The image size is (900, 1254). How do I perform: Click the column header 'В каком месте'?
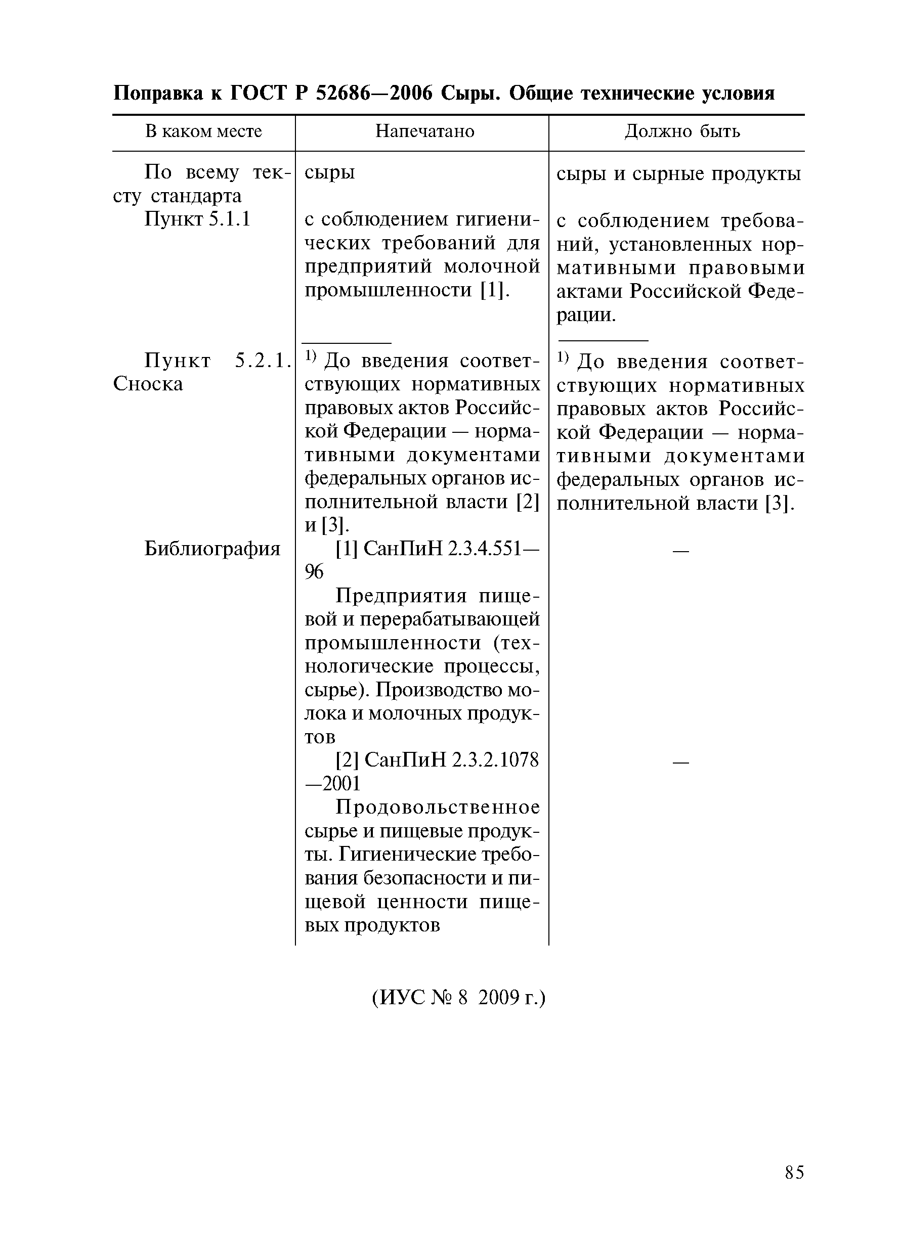(203, 131)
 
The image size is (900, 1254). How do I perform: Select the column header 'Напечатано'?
(424, 131)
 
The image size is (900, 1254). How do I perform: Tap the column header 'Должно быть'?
(681, 131)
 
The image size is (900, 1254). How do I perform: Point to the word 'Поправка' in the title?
(158, 94)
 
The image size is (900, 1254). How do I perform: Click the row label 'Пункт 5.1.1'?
(197, 219)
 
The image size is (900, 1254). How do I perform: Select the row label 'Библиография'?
(212, 549)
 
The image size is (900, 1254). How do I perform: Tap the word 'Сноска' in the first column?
(148, 384)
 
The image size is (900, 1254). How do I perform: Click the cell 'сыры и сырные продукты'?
(678, 174)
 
